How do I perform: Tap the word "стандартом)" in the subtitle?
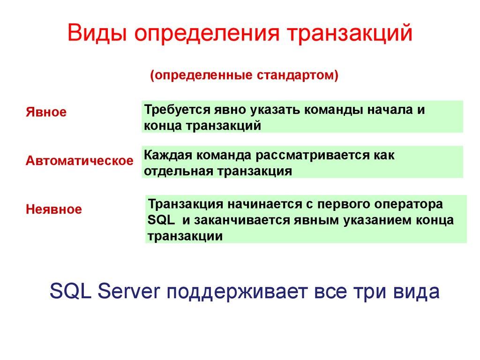pos(297,75)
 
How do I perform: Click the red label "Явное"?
pos(46,112)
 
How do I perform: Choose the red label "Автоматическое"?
pos(79,161)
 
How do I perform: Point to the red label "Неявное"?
pos(53,209)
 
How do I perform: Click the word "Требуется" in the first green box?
pos(178,110)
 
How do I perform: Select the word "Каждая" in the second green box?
pos(167,155)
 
